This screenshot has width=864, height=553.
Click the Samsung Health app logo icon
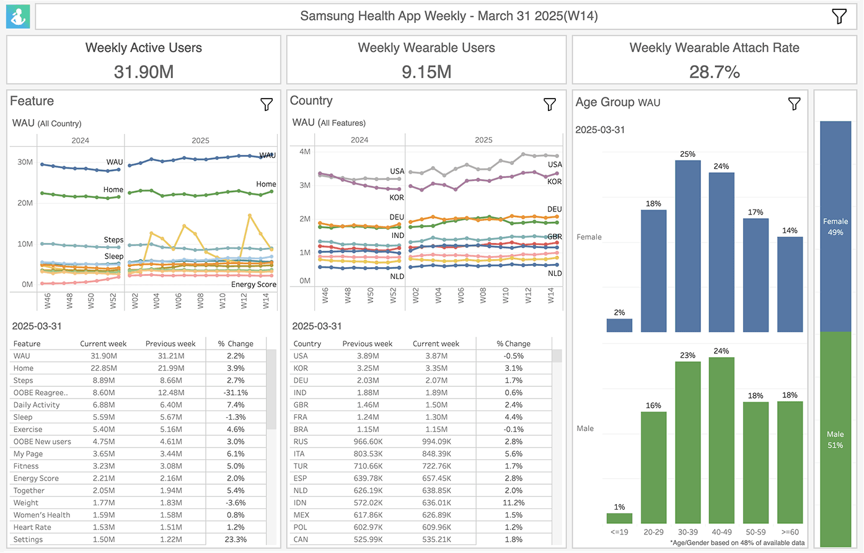(x=18, y=17)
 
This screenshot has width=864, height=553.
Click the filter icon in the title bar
(x=839, y=17)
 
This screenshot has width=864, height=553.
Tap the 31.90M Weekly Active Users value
(x=143, y=72)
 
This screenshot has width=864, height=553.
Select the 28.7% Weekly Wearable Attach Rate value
(x=714, y=72)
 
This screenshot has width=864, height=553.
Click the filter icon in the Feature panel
(x=267, y=105)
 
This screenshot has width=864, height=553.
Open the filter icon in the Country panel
(x=549, y=105)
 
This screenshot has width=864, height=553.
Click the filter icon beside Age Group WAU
(x=794, y=104)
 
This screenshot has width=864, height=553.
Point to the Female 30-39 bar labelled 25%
(x=687, y=246)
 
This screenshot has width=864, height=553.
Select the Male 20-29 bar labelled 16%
(x=653, y=467)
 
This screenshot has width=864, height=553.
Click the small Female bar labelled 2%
(x=619, y=325)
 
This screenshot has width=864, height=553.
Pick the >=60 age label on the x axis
(x=790, y=532)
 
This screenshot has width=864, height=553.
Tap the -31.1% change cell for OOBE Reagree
(x=236, y=392)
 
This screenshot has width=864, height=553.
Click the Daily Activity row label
(x=37, y=405)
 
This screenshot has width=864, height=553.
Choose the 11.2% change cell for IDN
(x=514, y=503)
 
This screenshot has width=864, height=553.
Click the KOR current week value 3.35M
(x=436, y=368)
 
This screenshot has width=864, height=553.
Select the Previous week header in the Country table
(x=367, y=343)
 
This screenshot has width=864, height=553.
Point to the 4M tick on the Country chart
(x=304, y=152)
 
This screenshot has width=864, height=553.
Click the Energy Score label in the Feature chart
(x=253, y=285)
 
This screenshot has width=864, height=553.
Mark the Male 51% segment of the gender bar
(x=835, y=439)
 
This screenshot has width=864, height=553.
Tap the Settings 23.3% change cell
(x=236, y=539)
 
